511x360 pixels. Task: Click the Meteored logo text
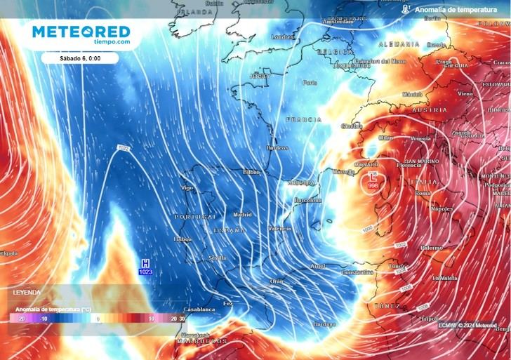click(81, 32)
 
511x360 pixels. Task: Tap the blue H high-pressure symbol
click(146, 262)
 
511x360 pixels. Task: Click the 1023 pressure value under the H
click(146, 272)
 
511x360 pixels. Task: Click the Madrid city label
click(242, 215)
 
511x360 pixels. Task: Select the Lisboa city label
click(182, 239)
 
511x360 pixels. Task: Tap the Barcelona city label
click(306, 200)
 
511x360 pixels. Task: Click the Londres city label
click(282, 36)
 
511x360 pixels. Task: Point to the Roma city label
click(423, 193)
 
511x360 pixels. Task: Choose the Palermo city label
click(432, 248)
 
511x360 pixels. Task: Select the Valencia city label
click(280, 229)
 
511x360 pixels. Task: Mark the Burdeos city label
click(277, 148)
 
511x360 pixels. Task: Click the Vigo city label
click(187, 188)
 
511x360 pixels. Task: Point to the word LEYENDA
click(27, 292)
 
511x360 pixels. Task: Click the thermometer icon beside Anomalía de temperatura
click(405, 9)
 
